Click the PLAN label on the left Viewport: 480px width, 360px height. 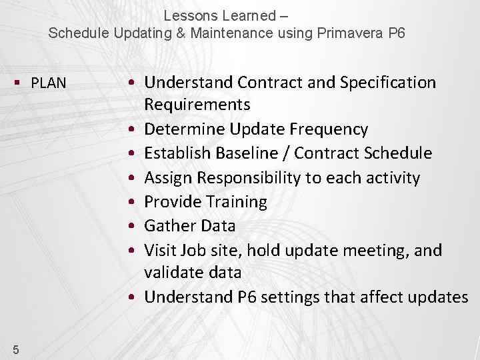coord(49,83)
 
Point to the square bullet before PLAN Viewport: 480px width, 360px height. coord(17,83)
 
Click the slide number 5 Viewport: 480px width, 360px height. coord(15,349)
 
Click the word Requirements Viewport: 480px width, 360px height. coord(197,105)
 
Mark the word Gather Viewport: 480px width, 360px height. coord(167,226)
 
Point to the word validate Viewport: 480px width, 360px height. coord(173,273)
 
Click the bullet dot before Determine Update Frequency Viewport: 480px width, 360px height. coord(135,129)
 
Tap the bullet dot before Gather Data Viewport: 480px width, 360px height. coord(135,227)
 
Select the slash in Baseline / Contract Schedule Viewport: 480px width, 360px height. coord(287,153)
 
